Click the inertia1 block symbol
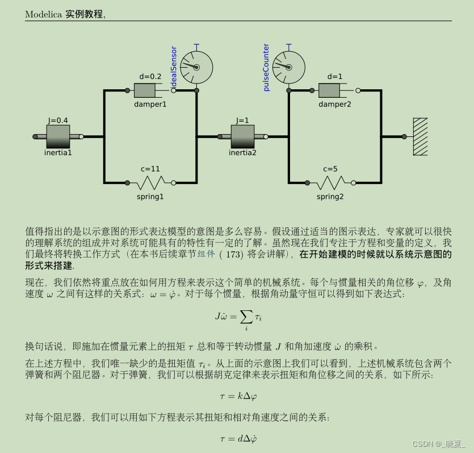[x=58, y=136]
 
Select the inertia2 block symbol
[x=242, y=136]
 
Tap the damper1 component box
[x=148, y=90]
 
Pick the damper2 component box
[x=329, y=90]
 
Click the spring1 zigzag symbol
[x=150, y=182]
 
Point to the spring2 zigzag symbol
[x=330, y=182]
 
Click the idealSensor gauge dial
[x=196, y=68]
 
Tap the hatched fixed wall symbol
[x=420, y=136]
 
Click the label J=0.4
[x=58, y=120]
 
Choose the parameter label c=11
[x=150, y=169]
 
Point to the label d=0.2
[x=150, y=77]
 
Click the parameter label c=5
[x=330, y=169]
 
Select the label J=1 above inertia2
[x=242, y=120]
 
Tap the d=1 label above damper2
[x=335, y=77]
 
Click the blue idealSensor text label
[x=174, y=67]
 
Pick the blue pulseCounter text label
[x=266, y=67]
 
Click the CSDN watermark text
[x=438, y=443]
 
